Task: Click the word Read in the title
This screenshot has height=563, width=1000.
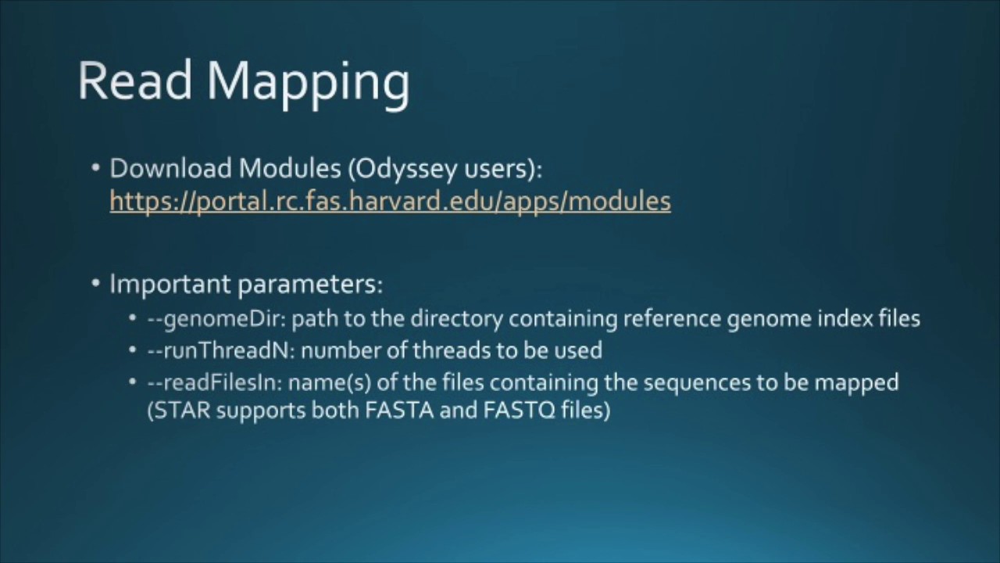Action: click(x=134, y=80)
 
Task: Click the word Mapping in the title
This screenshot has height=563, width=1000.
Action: click(x=308, y=83)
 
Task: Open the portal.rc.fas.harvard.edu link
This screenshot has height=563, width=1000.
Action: click(x=390, y=201)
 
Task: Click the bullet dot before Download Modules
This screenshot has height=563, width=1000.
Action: click(x=95, y=168)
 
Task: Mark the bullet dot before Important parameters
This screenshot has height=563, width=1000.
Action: click(x=95, y=283)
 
